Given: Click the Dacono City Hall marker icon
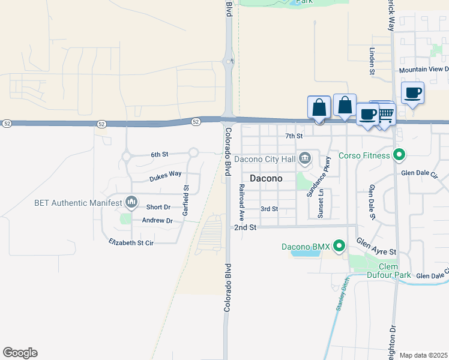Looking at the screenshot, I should (x=305, y=159).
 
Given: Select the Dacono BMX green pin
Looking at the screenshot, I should (x=339, y=246).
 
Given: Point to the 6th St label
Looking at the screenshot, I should (x=159, y=155).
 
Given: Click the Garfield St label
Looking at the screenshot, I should (x=186, y=196).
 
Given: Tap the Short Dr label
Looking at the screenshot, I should (x=158, y=207).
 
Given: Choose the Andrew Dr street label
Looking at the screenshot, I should (x=157, y=220).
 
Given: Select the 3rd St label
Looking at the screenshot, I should (x=269, y=209).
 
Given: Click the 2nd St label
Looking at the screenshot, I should (x=246, y=228).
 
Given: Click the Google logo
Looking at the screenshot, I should (x=20, y=353).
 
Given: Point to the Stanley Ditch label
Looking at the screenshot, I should (x=342, y=296).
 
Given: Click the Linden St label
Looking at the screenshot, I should (x=372, y=62).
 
